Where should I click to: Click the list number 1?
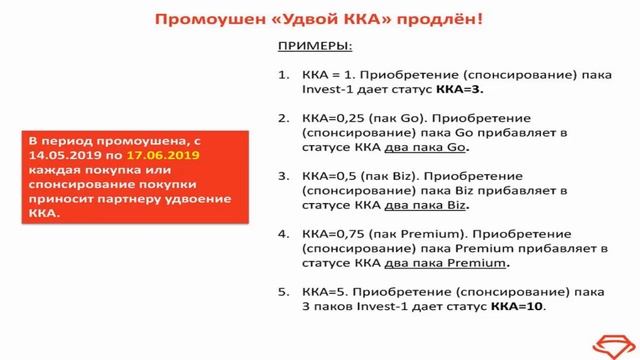point(282,74)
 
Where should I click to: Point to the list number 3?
point(282,176)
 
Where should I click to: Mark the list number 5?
point(282,293)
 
